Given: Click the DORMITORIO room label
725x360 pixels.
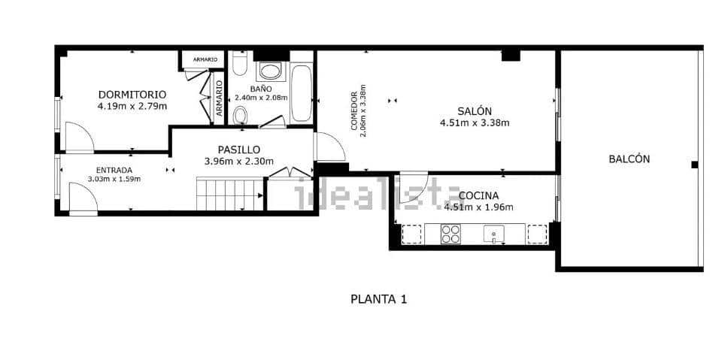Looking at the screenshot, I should [x=132, y=95].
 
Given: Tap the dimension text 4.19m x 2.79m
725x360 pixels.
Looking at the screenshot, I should [x=132, y=107].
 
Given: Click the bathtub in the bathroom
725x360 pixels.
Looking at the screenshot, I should [x=302, y=93].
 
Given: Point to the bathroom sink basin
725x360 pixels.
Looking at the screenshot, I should [x=269, y=72].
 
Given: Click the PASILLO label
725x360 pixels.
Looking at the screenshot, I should [x=238, y=150].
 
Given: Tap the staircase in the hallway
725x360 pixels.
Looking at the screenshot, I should [x=230, y=194].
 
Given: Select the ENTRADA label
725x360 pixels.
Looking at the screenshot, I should [x=114, y=170].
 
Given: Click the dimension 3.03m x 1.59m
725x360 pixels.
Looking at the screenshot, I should [x=114, y=179].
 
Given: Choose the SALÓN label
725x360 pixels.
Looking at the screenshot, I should [x=475, y=110].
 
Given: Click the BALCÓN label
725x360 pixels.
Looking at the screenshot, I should [x=629, y=159].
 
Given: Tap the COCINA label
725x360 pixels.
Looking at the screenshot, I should [x=478, y=196].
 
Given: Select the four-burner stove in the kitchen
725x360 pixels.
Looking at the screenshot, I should [x=451, y=234].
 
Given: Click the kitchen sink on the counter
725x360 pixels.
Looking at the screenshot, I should [x=494, y=234].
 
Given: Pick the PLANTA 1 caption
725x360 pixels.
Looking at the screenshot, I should [x=379, y=299].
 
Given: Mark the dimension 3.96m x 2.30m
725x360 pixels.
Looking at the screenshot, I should [x=238, y=161].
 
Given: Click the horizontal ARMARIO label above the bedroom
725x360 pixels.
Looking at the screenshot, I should [x=205, y=59].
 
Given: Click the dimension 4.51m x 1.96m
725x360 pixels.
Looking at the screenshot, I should [x=478, y=207].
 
